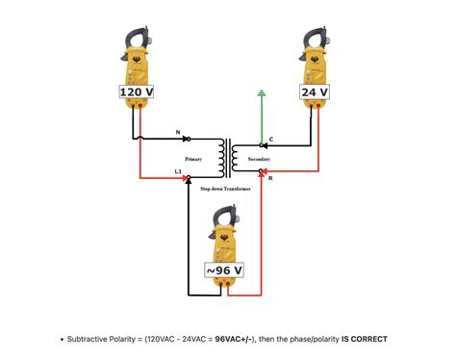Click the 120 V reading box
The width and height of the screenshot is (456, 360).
pos(137,91)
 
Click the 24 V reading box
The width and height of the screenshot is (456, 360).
pos(315,91)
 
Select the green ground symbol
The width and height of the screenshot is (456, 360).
pos(260,95)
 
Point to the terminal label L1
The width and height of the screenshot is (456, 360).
pos(178,171)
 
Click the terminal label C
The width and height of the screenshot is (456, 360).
pos(270,141)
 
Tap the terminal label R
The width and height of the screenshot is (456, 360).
pos(271,179)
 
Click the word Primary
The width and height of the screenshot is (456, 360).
pos(194,157)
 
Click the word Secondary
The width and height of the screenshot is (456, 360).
pos(259,157)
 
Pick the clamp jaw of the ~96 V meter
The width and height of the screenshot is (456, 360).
pos(229,216)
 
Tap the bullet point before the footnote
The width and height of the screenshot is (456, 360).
pos(62,339)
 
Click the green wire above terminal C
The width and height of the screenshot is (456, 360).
pos(260,120)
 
